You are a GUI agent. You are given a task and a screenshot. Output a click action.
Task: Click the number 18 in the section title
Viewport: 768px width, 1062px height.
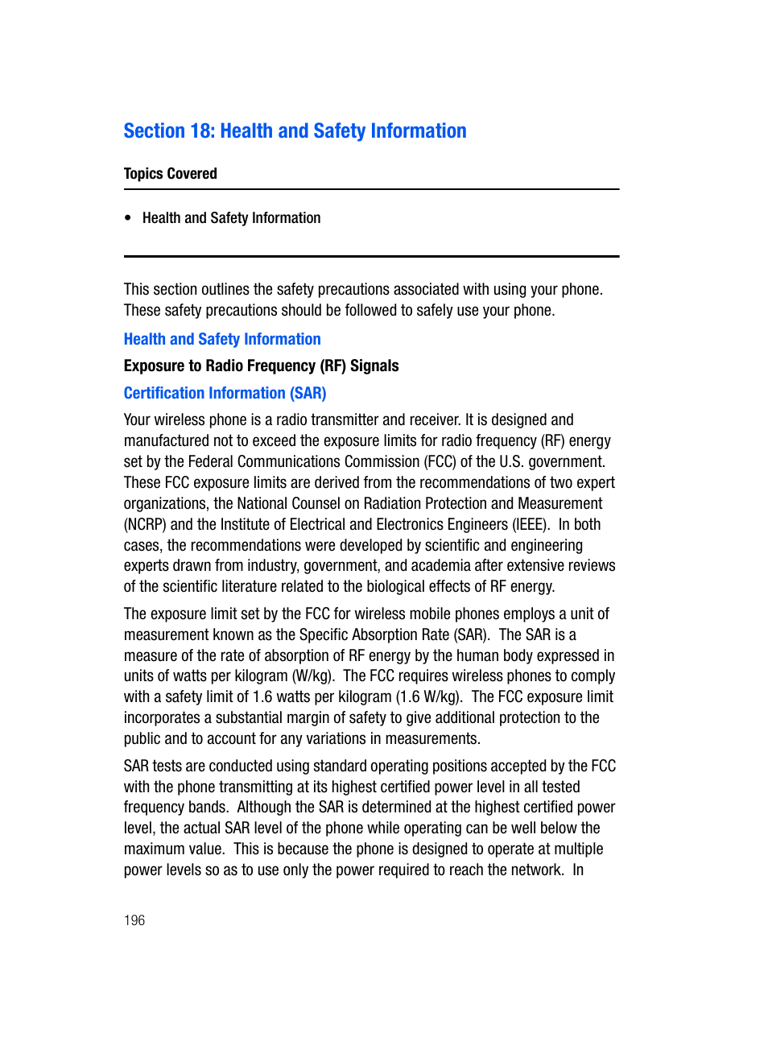point(202,131)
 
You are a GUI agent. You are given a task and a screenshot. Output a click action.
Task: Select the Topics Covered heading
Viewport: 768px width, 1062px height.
point(170,174)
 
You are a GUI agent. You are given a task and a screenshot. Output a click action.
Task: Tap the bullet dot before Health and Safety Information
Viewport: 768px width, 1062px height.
point(128,218)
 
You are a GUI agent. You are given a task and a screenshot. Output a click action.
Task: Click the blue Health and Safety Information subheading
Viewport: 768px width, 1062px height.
point(222,340)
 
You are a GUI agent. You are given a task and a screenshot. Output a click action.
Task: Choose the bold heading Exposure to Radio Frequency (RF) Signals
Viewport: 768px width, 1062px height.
point(261,366)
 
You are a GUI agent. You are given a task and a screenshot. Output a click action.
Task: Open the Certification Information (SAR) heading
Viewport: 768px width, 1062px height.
point(225,394)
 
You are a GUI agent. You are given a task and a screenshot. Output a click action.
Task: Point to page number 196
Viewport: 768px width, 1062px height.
point(134,920)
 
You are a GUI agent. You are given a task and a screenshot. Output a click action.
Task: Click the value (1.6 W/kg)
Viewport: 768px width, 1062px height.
point(429,697)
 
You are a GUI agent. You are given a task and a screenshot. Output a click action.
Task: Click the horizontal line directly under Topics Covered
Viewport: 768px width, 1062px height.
point(371,190)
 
